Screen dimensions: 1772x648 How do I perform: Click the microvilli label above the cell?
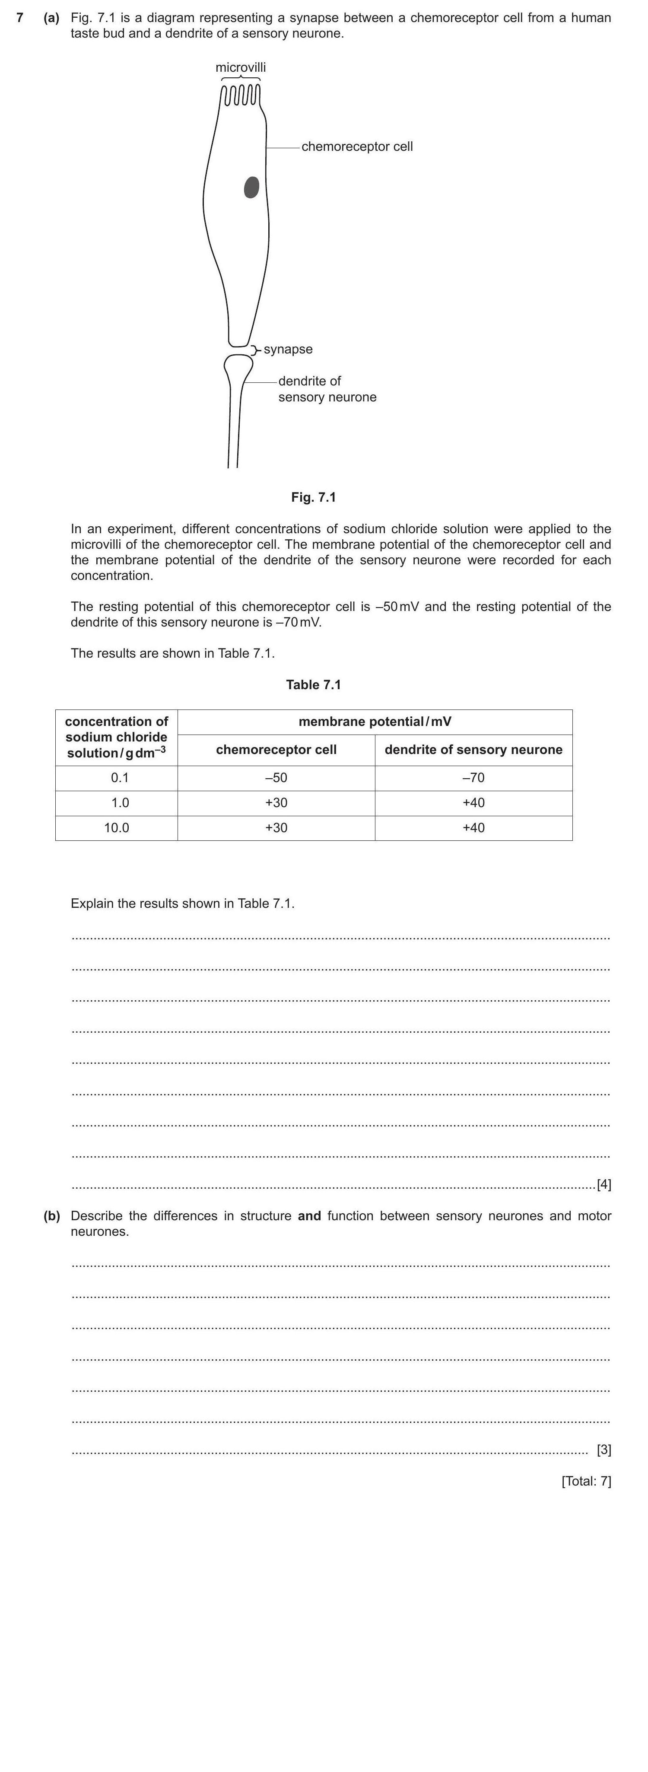click(240, 67)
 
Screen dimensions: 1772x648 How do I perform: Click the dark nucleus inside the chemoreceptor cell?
click(252, 187)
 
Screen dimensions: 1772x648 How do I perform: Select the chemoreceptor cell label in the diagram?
click(357, 146)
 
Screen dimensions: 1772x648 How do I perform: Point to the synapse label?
click(288, 350)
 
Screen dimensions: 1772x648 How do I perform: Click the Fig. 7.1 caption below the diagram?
click(313, 497)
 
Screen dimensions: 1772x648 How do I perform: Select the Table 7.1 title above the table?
click(313, 685)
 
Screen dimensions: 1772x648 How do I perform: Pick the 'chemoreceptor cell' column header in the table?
click(276, 750)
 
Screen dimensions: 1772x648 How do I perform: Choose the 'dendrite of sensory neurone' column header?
click(473, 750)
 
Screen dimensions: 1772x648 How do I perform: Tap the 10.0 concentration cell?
click(116, 827)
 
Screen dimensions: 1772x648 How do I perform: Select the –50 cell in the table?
click(276, 778)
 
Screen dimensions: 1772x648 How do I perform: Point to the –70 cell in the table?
click(473, 778)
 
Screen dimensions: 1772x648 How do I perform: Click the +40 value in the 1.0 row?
click(473, 803)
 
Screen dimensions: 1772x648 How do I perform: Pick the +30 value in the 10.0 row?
click(276, 827)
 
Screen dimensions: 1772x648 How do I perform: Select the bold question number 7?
click(20, 18)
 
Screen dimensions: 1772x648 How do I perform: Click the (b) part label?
click(51, 1216)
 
